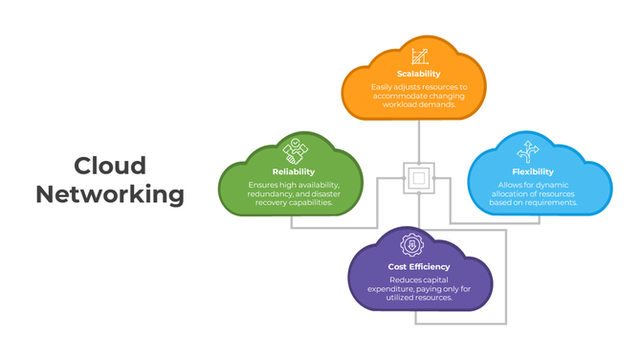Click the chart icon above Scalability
pyautogui.click(x=418, y=56)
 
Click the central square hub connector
pyautogui.click(x=418, y=177)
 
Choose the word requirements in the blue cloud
pyautogui.click(x=549, y=203)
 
